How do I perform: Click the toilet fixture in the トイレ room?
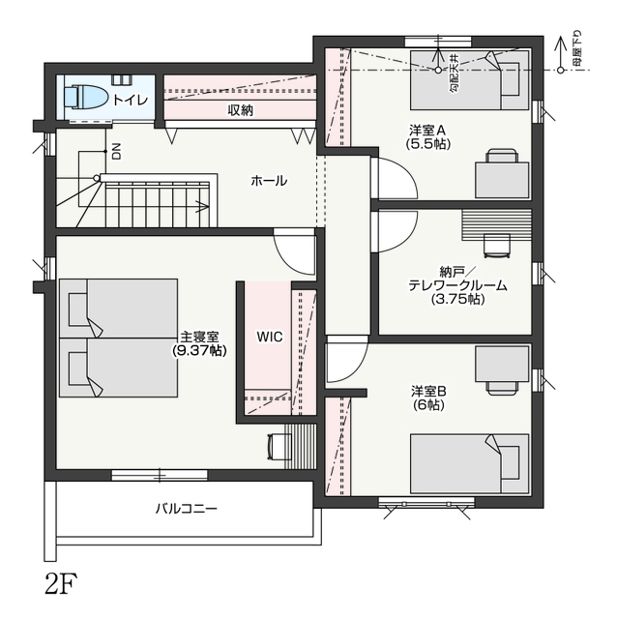[85, 97]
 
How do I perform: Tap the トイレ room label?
[131, 100]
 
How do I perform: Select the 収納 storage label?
[240, 110]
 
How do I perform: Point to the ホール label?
[269, 181]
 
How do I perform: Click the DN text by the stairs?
[117, 151]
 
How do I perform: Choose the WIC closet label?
[270, 337]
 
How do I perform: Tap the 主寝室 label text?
[199, 337]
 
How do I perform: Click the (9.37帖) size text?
[199, 350]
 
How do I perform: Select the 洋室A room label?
[427, 130]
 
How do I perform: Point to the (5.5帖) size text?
[428, 144]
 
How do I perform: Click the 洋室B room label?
[428, 392]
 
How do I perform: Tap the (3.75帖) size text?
[457, 299]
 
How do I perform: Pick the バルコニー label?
[186, 508]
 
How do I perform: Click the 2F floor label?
[61, 584]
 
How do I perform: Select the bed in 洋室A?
[469, 80]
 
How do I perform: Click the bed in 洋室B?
[469, 464]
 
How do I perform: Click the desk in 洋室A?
[502, 181]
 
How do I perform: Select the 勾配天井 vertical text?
[455, 74]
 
